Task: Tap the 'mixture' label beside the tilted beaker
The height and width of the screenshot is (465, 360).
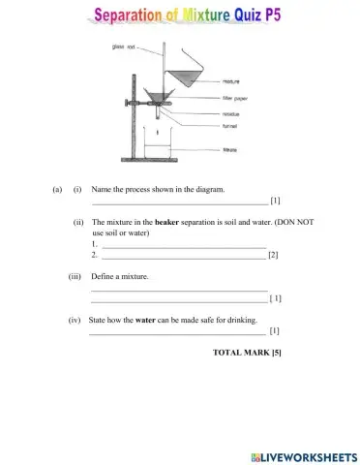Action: click(232, 82)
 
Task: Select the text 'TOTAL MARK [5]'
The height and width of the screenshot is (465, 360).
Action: click(246, 352)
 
